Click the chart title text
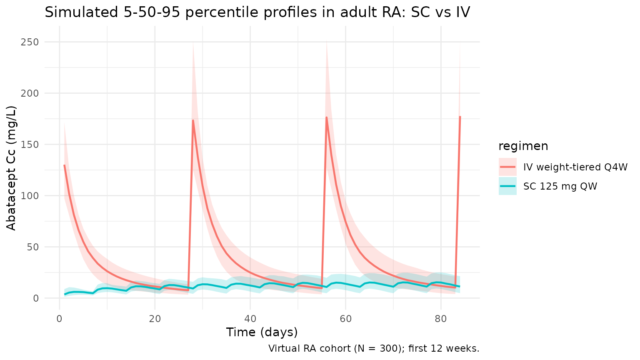pyautogui.click(x=257, y=12)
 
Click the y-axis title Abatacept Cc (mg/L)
pyautogui.click(x=11, y=168)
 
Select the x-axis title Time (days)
pyautogui.click(x=262, y=332)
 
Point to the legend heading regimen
pyautogui.click(x=523, y=146)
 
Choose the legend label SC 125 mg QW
pyautogui.click(x=560, y=186)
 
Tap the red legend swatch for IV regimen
pyautogui.click(x=507, y=167)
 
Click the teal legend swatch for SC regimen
pyautogui.click(x=507, y=186)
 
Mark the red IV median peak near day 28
pyautogui.click(x=193, y=120)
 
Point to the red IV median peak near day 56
pyautogui.click(x=327, y=117)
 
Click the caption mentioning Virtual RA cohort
pyautogui.click(x=374, y=348)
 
